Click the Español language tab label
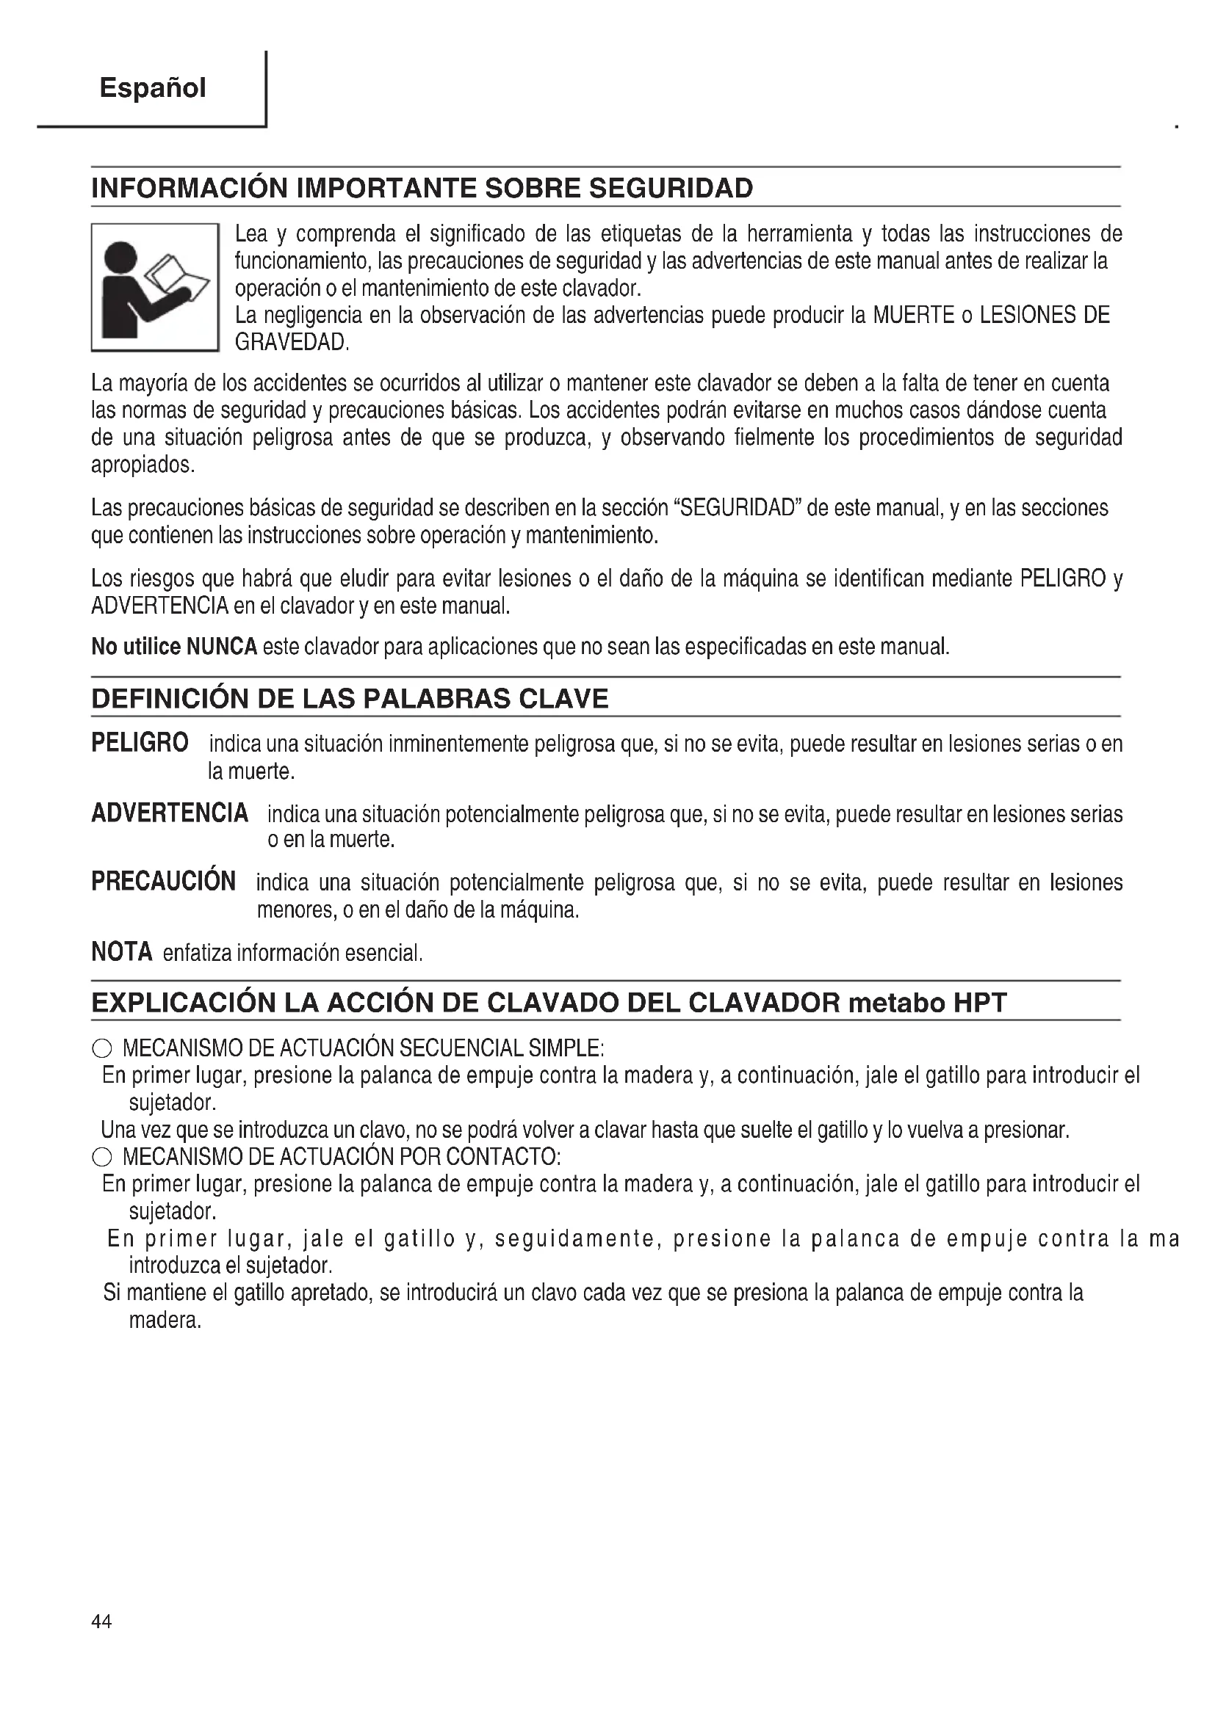[x=152, y=88]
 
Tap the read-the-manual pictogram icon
[x=155, y=288]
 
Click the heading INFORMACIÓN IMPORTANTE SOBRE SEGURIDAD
[x=422, y=188]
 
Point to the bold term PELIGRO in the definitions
[x=140, y=743]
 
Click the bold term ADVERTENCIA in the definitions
[x=170, y=812]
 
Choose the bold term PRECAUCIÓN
[x=163, y=881]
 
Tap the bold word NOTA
[x=122, y=951]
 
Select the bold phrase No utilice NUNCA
[x=174, y=646]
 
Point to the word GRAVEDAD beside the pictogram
[x=291, y=343]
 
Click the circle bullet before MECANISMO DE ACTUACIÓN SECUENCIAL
[x=102, y=1048]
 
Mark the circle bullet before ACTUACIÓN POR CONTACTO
[x=102, y=1158]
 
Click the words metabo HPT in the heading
[x=928, y=1002]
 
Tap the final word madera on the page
[x=165, y=1320]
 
